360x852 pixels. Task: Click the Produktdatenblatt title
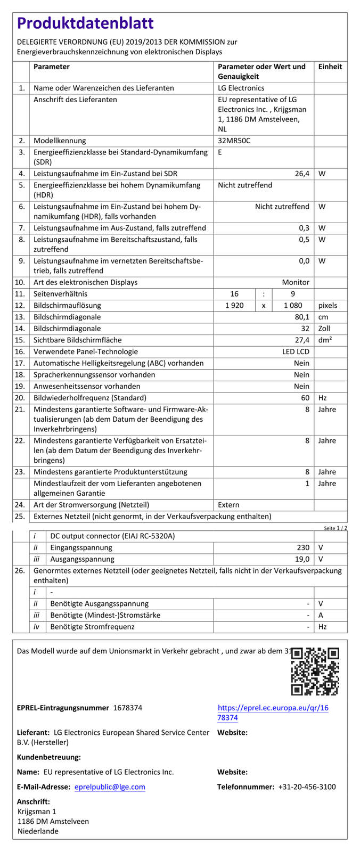pos(85,23)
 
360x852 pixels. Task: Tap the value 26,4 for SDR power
pos(302,174)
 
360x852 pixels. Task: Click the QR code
pos(315,671)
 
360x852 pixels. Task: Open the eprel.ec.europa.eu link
pos(273,712)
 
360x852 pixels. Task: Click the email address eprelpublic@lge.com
pos(110,787)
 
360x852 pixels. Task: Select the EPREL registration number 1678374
pos(128,708)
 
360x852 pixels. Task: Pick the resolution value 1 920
pos(234,306)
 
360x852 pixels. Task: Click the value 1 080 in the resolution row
pos(293,306)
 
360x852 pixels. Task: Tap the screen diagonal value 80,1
pos(302,317)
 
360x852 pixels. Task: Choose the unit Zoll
pos(324,329)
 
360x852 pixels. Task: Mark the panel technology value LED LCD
pos(296,352)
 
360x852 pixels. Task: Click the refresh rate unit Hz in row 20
pos(323,398)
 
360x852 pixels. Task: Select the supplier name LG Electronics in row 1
pos(241,88)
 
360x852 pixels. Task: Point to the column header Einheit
pos(330,67)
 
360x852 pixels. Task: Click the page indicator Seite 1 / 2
pos(336,528)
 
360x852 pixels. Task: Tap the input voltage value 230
pos(303,547)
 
